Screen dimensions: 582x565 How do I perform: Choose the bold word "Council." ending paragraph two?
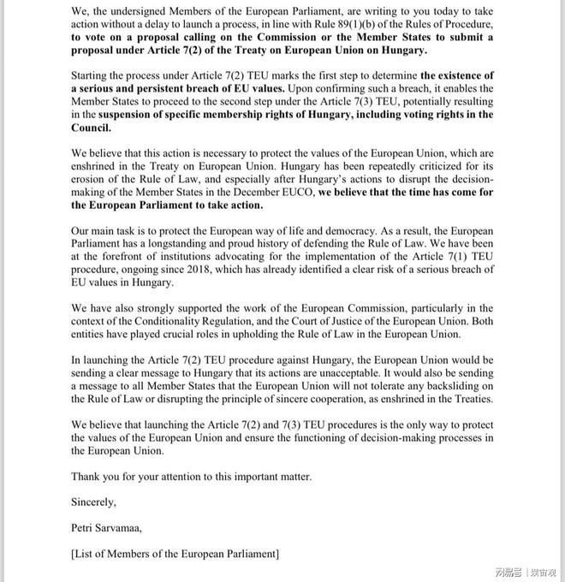(91, 128)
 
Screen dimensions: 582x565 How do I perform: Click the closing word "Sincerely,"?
(93, 502)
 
